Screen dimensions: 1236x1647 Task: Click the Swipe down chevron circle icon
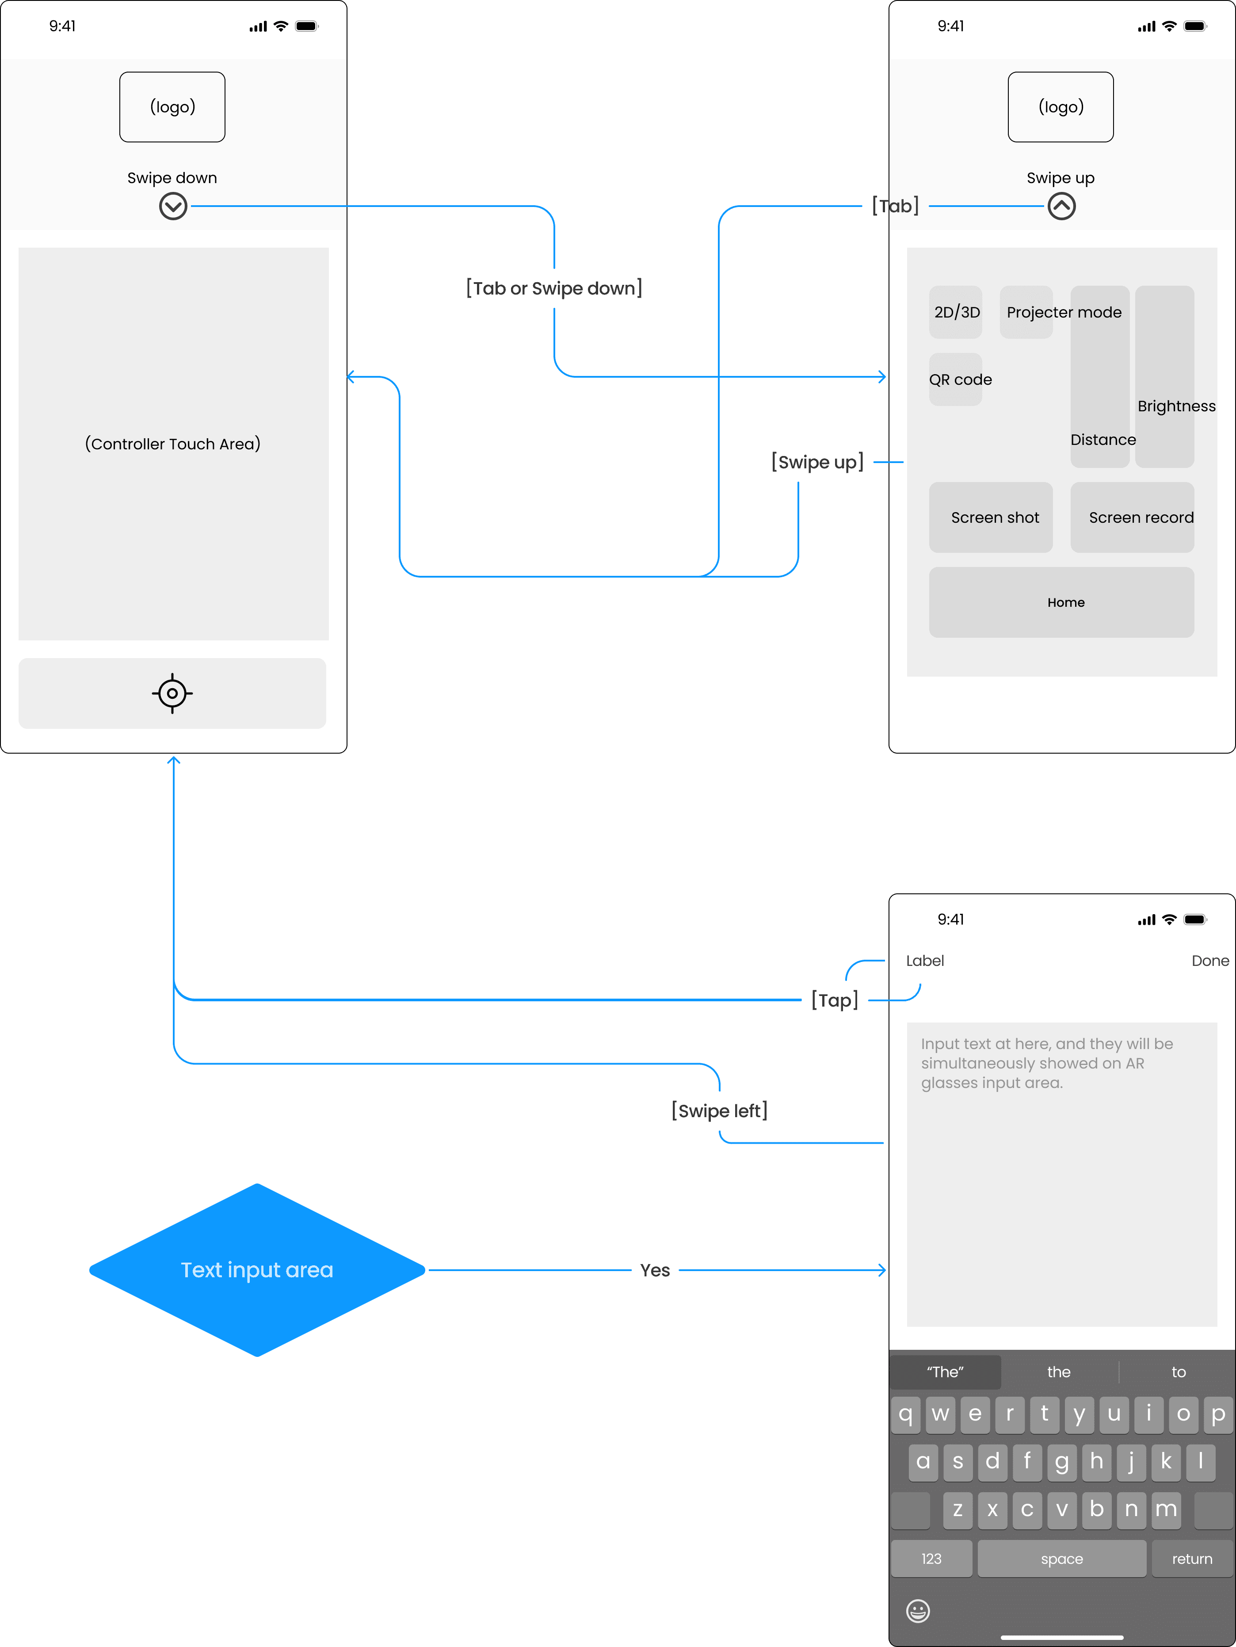(x=173, y=206)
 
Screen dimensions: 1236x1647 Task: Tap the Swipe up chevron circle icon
(x=1061, y=206)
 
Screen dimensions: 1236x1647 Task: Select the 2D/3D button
(x=956, y=312)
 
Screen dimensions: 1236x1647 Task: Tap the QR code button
(x=956, y=380)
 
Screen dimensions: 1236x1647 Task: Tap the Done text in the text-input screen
(x=1210, y=961)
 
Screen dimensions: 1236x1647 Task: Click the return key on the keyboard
(x=1192, y=1559)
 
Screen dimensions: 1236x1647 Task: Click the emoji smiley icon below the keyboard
(x=918, y=1611)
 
